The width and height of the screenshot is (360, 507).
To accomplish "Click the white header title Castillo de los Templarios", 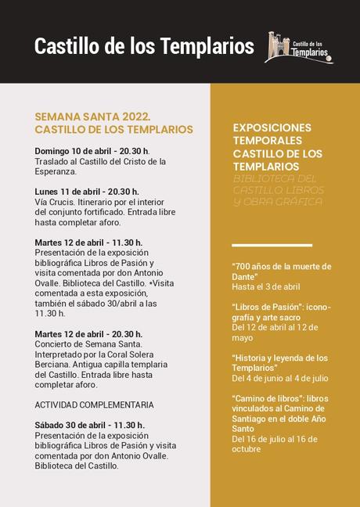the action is [x=144, y=47].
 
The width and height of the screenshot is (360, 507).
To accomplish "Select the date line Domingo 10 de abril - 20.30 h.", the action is [x=92, y=151].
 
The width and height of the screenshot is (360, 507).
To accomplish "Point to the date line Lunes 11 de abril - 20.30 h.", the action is [x=87, y=192].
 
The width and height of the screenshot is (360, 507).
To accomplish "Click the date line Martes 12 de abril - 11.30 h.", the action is [x=88, y=243].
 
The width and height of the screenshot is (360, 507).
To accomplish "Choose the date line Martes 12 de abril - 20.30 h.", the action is [x=88, y=334].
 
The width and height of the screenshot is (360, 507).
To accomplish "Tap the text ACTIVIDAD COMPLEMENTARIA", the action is [x=94, y=405].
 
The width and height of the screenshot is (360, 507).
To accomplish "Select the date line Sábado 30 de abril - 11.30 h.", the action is [x=89, y=425].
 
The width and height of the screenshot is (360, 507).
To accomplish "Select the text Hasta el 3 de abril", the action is [x=266, y=287].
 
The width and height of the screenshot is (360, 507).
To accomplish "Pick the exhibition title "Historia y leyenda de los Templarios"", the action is [x=279, y=363].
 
